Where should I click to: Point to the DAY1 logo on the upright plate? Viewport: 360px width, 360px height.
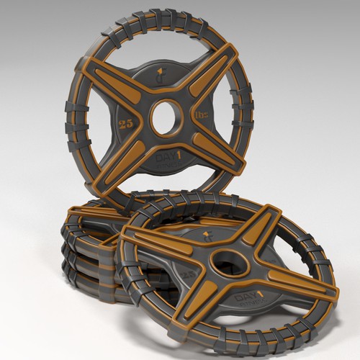170,158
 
